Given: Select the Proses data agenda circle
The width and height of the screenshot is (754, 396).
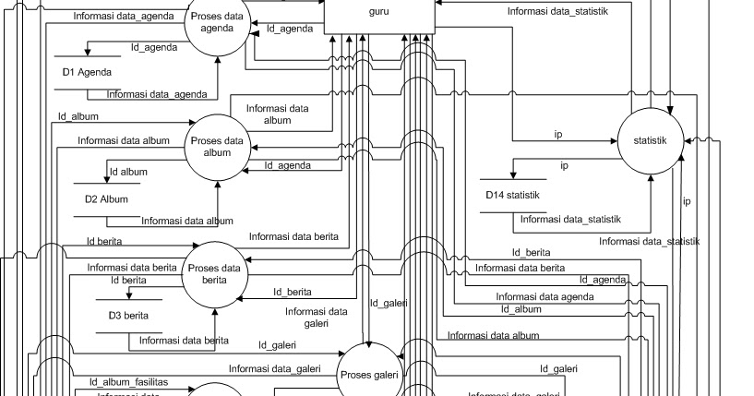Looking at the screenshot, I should [217, 23].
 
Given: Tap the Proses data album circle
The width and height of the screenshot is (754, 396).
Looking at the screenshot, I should [217, 147].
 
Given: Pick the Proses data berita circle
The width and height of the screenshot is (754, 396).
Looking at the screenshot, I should [214, 274].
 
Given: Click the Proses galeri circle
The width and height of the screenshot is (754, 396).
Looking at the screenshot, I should [370, 375].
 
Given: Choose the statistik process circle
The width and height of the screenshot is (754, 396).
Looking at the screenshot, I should [652, 140].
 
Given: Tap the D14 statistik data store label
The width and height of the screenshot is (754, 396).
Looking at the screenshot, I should [512, 195].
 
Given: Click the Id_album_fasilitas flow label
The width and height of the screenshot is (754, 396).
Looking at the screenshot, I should [128, 381].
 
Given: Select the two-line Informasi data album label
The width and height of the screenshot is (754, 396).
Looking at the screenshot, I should [277, 114].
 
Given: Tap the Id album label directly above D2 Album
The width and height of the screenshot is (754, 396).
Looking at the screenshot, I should [128, 172].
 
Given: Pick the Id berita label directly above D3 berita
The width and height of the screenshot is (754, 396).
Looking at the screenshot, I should [127, 281].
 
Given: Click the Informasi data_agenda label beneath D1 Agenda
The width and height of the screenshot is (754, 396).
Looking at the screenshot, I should [156, 94].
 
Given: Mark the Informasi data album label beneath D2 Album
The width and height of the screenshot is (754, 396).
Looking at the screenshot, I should [186, 221].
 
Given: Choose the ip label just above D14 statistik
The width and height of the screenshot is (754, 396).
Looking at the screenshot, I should [564, 166].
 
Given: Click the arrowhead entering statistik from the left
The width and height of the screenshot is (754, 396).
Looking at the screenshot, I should [613, 141].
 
